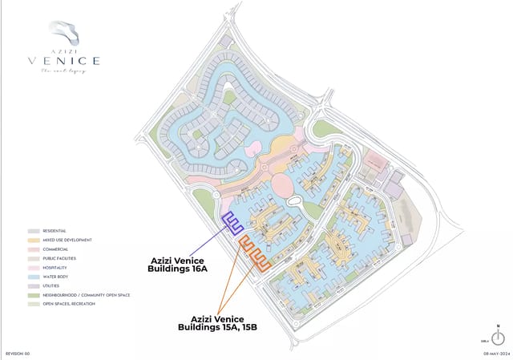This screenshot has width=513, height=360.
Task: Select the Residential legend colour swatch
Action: (x=34, y=231)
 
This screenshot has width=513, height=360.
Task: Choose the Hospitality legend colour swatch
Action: (x=34, y=268)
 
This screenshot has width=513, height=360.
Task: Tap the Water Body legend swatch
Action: (x=34, y=277)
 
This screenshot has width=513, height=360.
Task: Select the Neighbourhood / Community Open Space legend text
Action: (x=87, y=295)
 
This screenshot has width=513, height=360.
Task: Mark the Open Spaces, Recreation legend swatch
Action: (x=34, y=305)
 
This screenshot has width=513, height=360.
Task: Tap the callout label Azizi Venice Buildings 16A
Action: (x=179, y=265)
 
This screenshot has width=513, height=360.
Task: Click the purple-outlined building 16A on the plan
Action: (x=232, y=224)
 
